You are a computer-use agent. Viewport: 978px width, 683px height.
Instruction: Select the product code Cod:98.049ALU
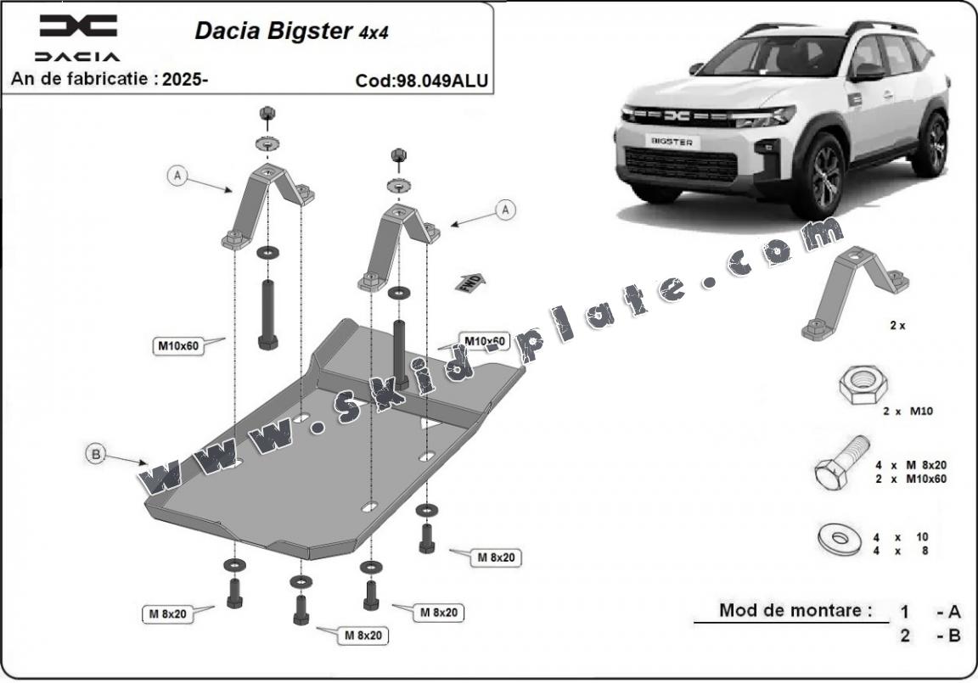[421, 81]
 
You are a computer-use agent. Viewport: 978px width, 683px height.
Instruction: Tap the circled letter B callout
[97, 454]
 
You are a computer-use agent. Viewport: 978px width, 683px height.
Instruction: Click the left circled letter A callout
[177, 176]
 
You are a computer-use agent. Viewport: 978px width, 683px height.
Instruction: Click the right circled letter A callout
[505, 209]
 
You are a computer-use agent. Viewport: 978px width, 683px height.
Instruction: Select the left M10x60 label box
[177, 345]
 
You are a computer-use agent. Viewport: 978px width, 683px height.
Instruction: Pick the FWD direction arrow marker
[469, 283]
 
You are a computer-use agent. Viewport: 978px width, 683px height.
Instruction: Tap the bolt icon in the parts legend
[840, 464]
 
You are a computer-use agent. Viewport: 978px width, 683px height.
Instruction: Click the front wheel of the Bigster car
[818, 176]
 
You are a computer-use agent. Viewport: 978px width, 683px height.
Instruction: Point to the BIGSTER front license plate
[670, 142]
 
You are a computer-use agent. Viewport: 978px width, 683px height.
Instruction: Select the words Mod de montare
[795, 610]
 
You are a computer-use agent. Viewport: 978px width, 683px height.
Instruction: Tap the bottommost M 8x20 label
[363, 635]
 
